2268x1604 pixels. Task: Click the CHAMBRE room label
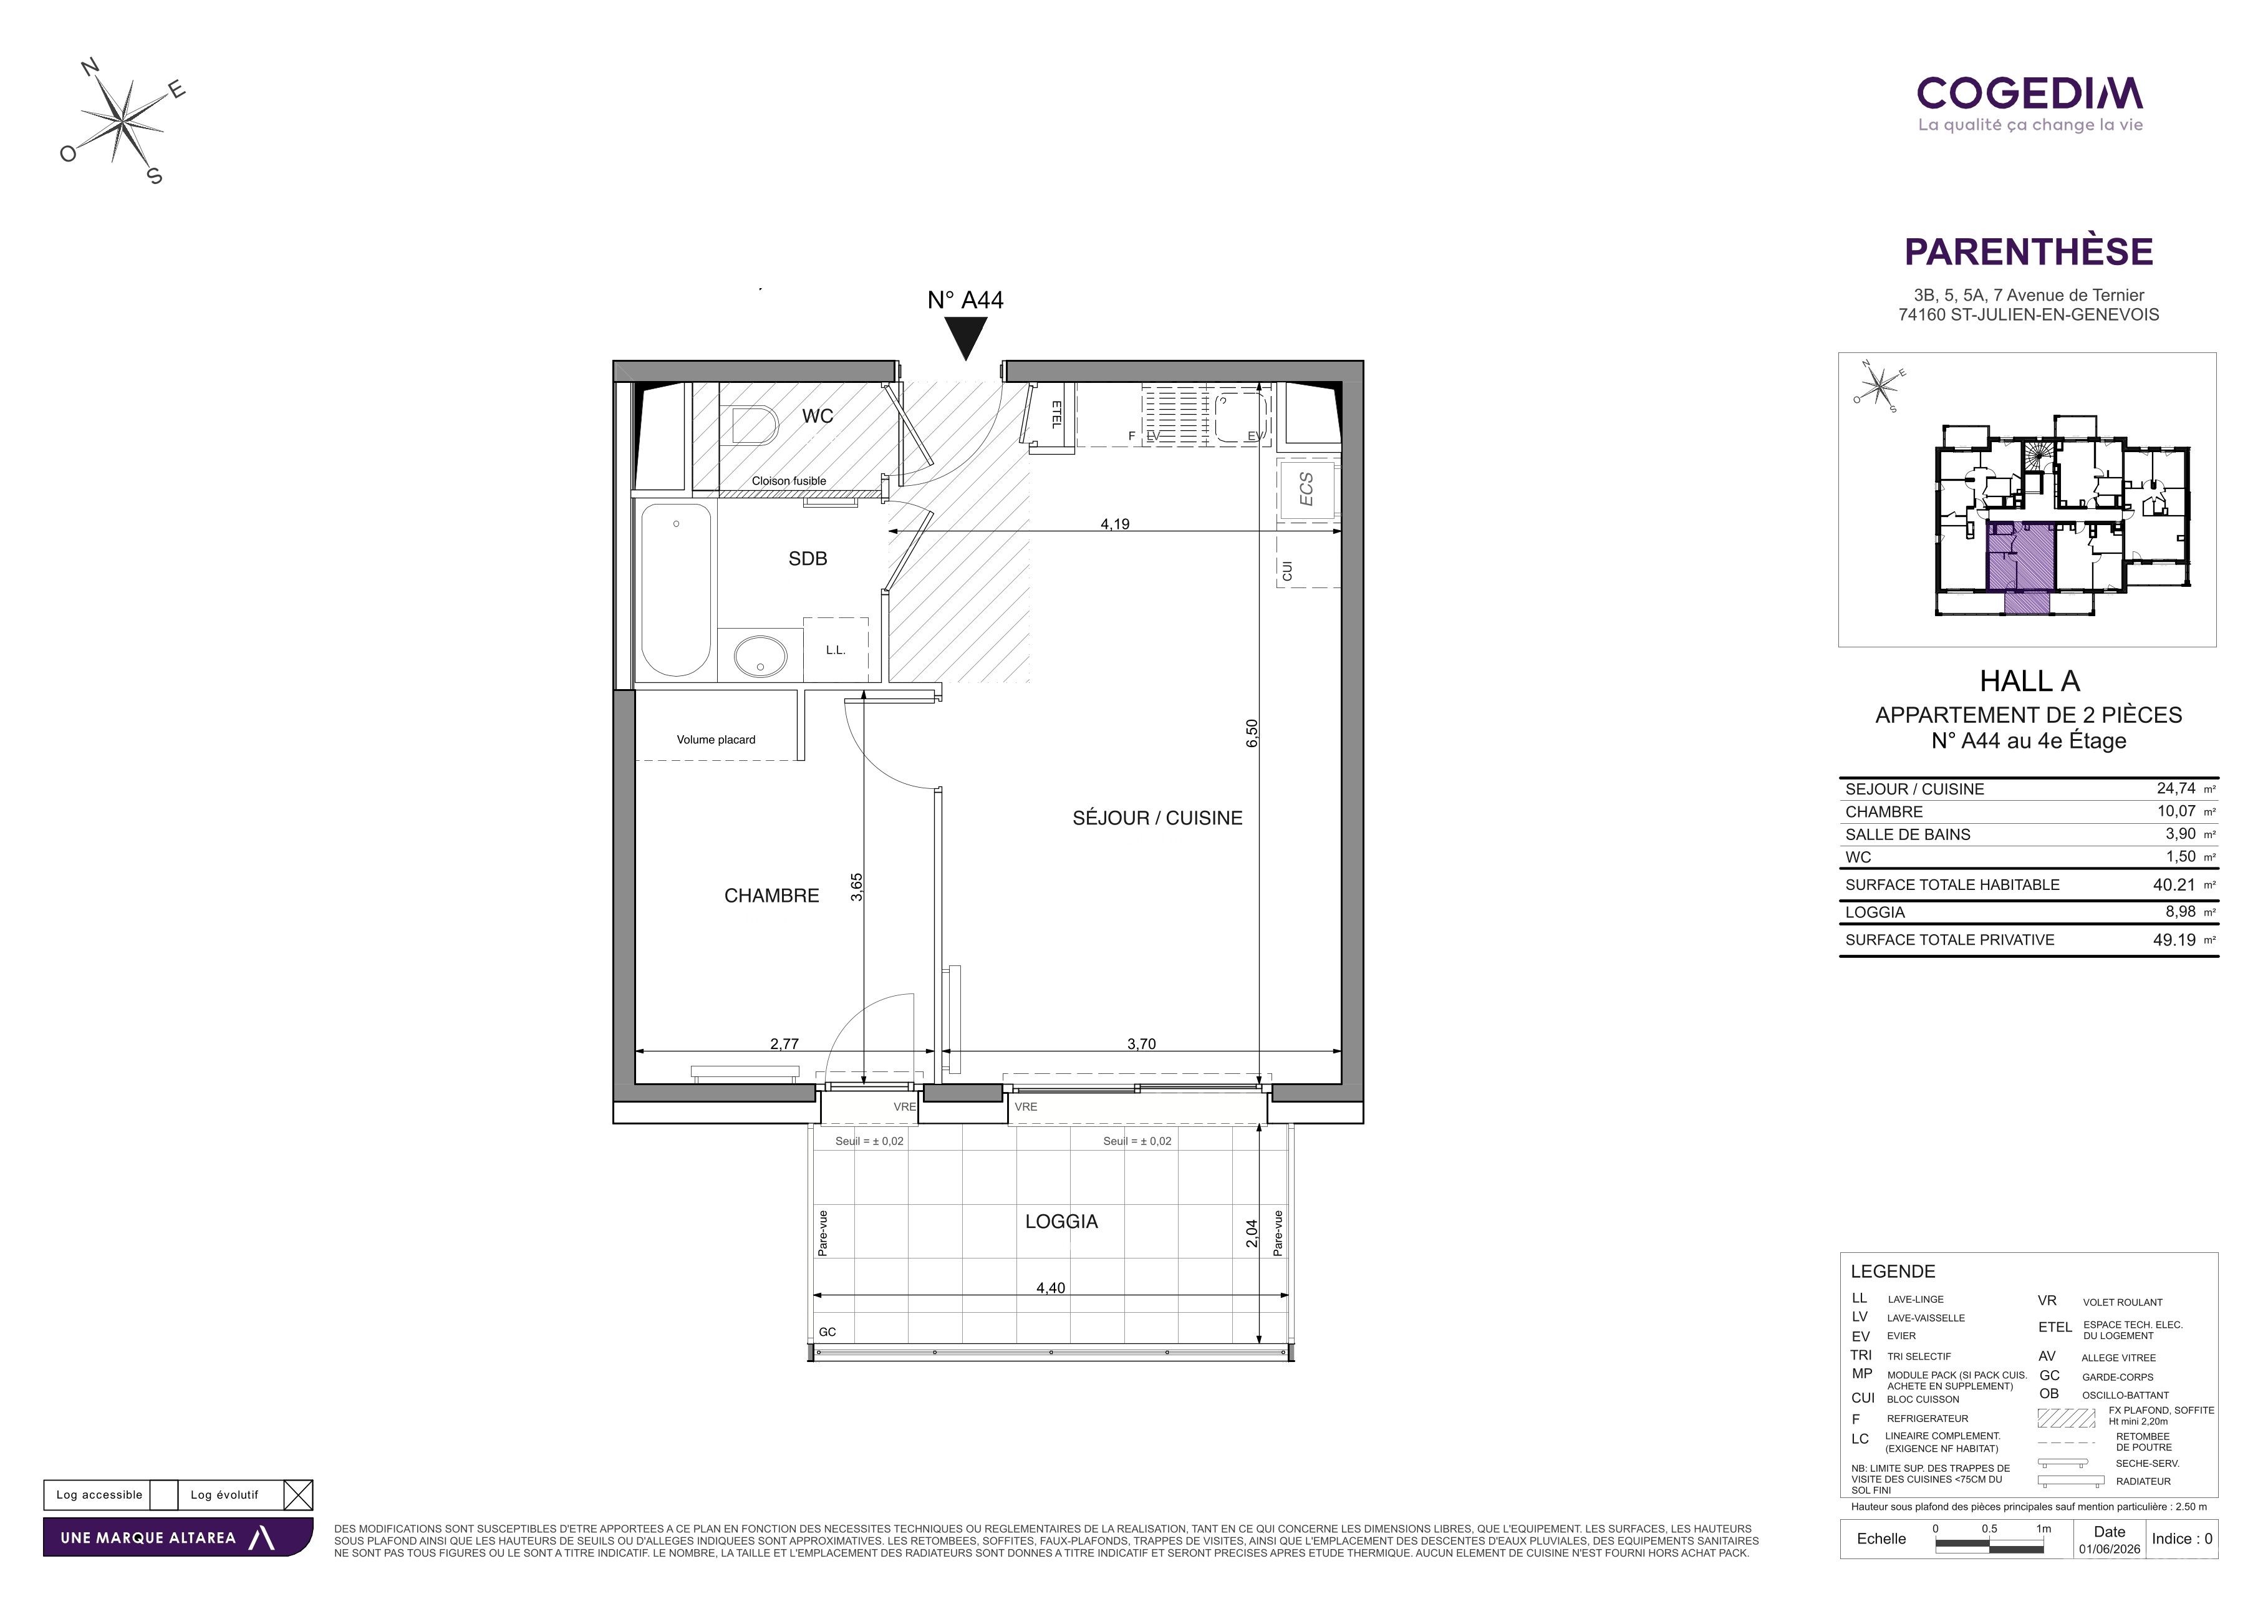[771, 896]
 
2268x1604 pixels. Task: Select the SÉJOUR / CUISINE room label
[1158, 818]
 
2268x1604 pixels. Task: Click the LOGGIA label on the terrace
[1062, 1222]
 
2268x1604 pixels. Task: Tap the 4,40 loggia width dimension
[1051, 1288]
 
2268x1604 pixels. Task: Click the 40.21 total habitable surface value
[2174, 885]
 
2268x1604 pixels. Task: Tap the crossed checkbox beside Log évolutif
[298, 1494]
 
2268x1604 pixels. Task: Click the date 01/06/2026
[2110, 1548]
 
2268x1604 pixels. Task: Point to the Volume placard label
[716, 740]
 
